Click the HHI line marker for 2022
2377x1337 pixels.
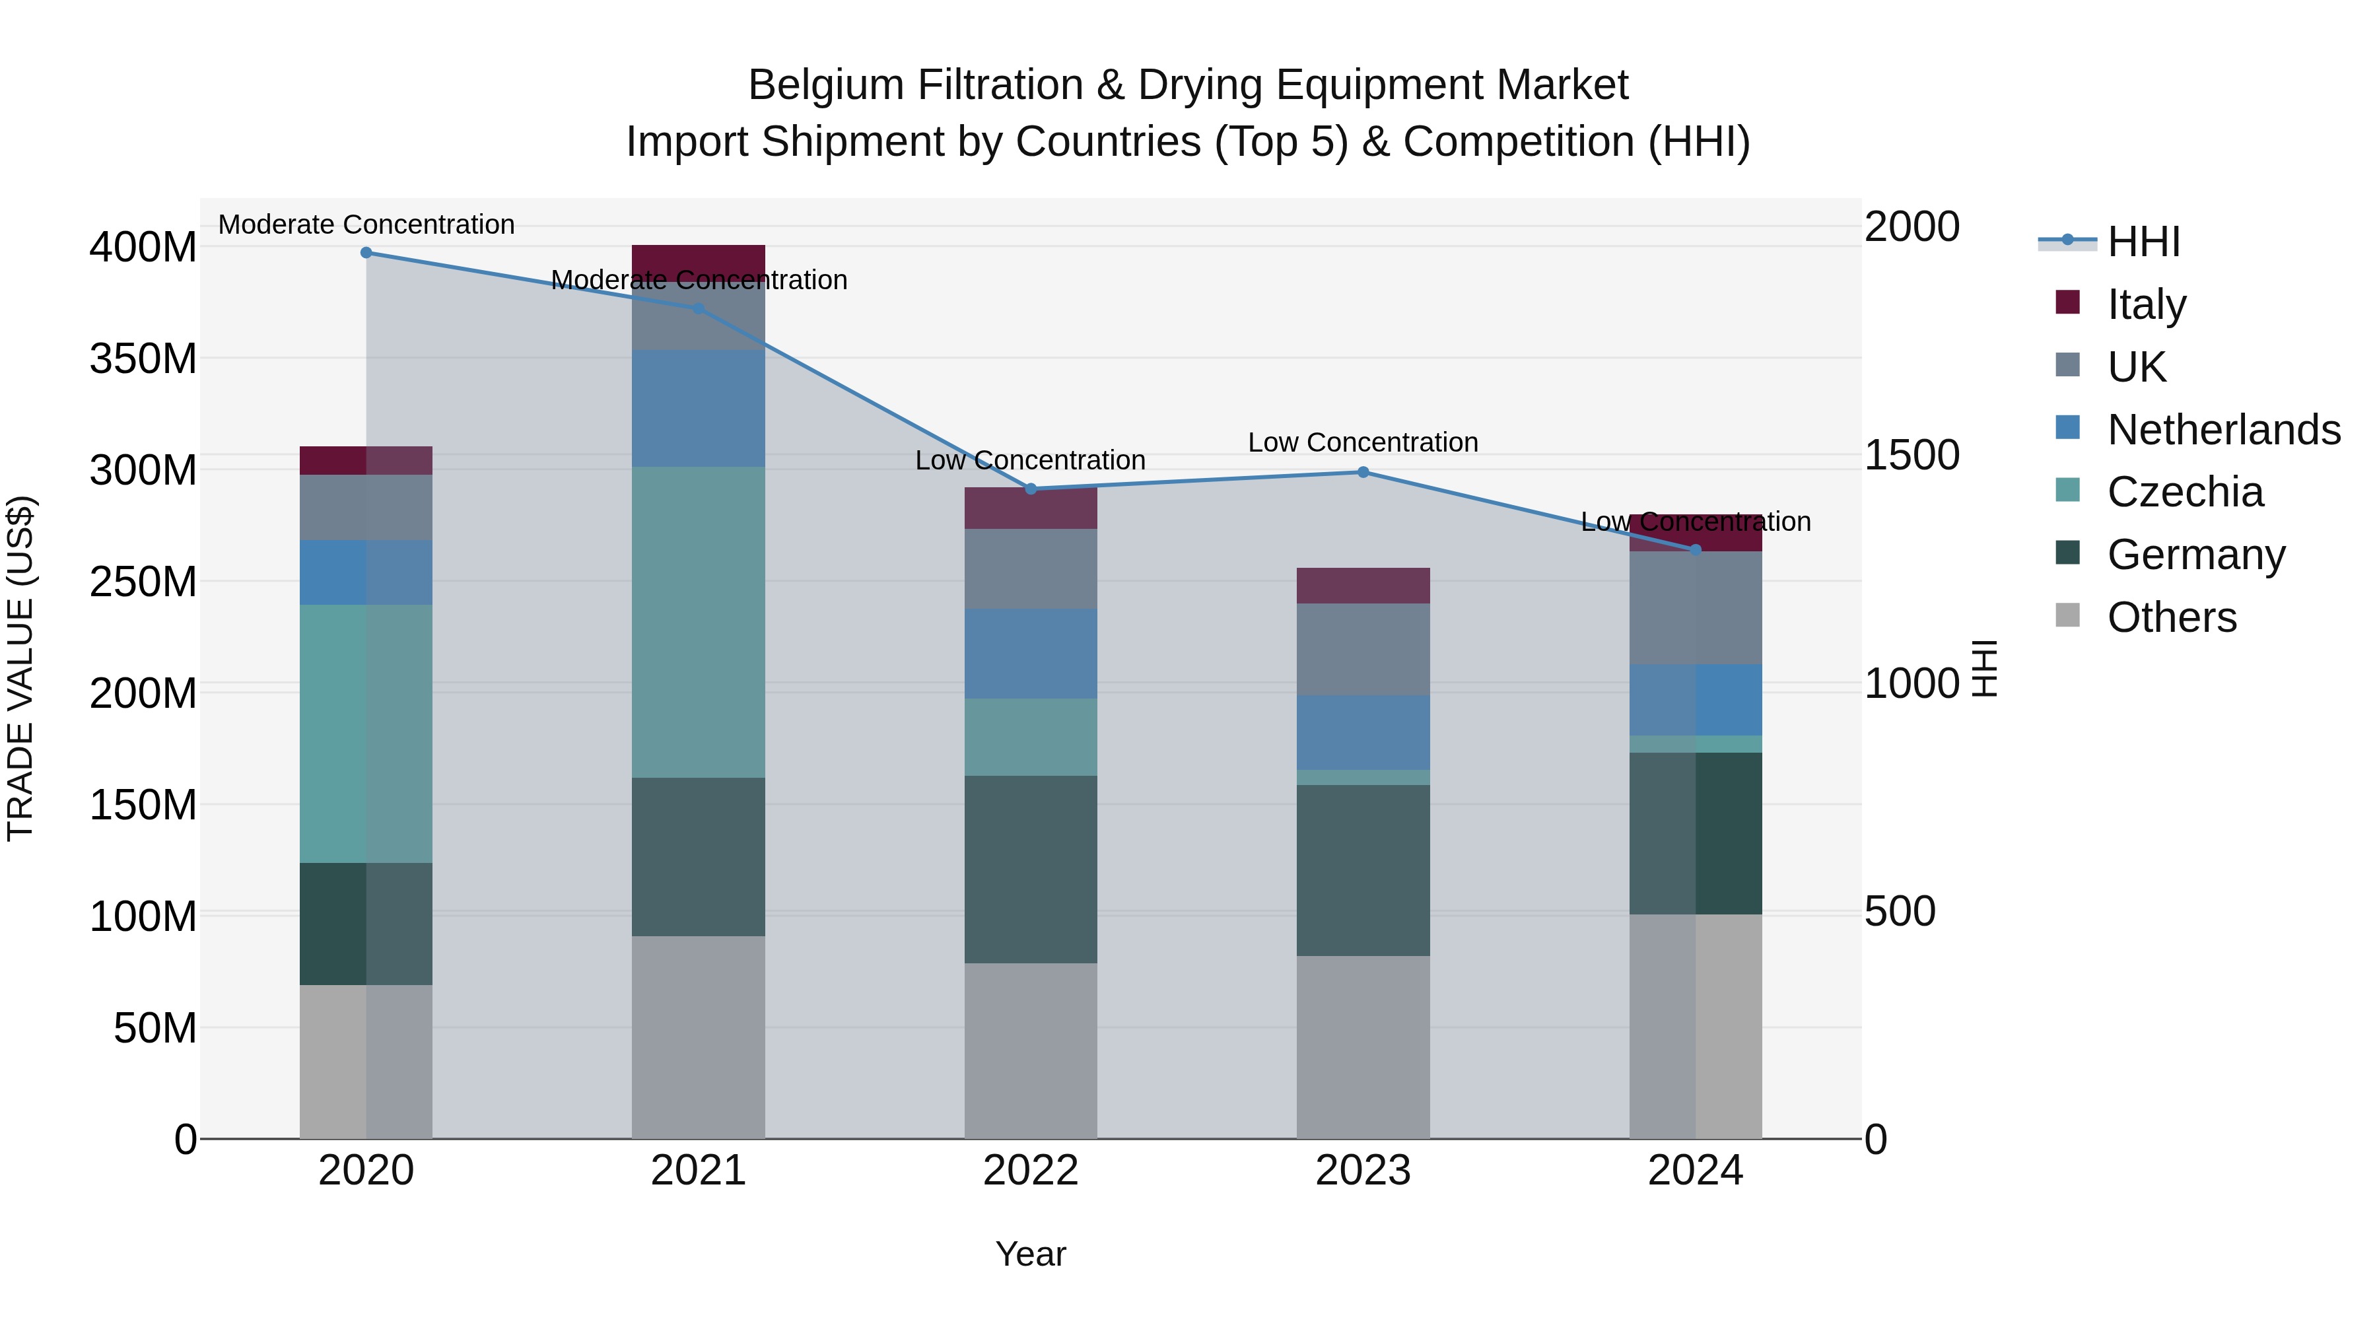[1031, 489]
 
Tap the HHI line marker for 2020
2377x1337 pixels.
[366, 252]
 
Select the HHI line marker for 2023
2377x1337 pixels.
[1363, 473]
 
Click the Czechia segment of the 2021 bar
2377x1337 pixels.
[699, 622]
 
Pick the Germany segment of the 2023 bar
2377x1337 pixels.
[1363, 870]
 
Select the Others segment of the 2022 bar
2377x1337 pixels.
[1031, 1051]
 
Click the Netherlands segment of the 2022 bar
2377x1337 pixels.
[1031, 653]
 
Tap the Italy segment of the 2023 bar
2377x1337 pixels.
[1363, 586]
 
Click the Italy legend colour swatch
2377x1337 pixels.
[2068, 302]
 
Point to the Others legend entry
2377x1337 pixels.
[2171, 617]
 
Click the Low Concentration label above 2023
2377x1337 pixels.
[1363, 443]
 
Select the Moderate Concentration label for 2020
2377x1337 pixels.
[366, 225]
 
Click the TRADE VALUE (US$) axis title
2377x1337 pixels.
[20, 668]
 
